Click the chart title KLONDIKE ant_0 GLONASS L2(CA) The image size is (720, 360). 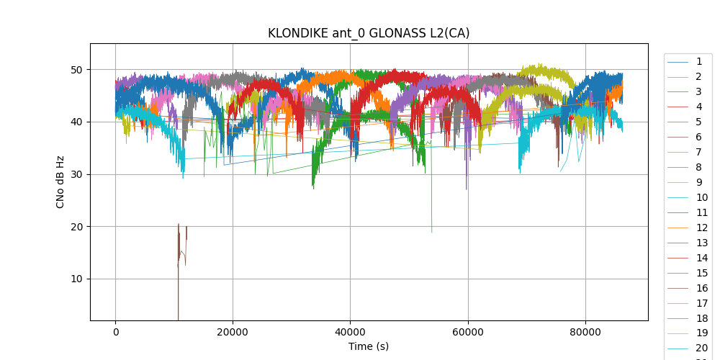point(369,33)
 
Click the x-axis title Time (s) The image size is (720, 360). point(369,346)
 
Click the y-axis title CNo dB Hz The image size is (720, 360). point(60,181)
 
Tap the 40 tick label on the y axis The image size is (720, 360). point(77,122)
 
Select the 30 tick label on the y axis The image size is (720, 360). point(77,174)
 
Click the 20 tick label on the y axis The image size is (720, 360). point(77,227)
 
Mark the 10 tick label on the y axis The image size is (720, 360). point(77,279)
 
